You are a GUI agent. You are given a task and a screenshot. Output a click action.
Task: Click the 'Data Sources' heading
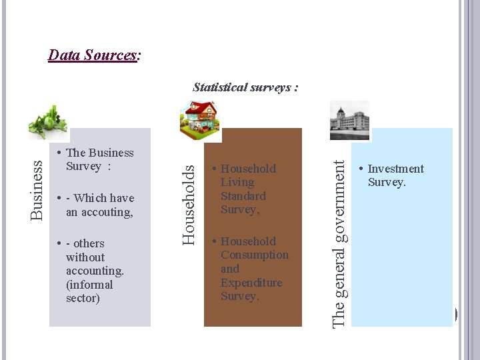click(93, 55)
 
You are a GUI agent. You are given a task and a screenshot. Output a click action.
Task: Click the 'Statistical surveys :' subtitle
click(245, 87)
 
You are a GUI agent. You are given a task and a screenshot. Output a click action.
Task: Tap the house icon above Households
click(199, 117)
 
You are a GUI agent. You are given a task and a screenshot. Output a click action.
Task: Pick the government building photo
click(349, 119)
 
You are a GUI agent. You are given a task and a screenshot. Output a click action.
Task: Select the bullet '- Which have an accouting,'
click(99, 205)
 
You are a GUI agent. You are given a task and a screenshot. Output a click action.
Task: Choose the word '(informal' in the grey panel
click(89, 285)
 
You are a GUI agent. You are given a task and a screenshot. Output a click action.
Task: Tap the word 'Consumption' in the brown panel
click(255, 255)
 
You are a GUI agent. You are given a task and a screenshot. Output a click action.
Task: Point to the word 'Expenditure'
click(251, 283)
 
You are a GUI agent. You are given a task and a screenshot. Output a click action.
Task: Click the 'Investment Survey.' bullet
click(395, 176)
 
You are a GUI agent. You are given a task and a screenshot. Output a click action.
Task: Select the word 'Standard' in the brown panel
click(243, 196)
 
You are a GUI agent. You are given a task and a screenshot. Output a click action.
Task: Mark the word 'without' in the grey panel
click(85, 257)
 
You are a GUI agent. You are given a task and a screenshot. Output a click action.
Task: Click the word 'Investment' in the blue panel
click(395, 169)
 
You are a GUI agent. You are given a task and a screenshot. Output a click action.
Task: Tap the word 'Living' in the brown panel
click(237, 183)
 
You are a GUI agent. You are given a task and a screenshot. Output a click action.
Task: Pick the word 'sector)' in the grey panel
click(83, 298)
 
